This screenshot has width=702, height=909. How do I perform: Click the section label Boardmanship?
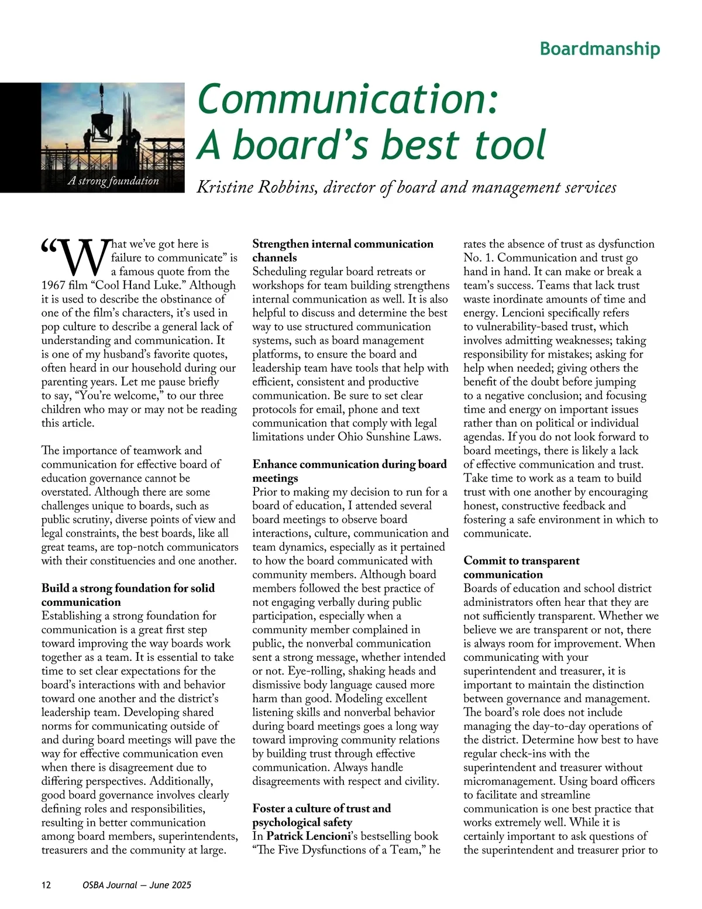(600, 49)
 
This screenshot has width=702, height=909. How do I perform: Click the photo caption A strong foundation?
(113, 181)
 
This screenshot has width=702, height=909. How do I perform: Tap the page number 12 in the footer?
(46, 885)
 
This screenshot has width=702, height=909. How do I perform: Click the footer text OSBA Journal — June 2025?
(137, 885)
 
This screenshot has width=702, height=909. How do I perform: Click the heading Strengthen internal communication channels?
(343, 251)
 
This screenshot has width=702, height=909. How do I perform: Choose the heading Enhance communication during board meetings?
(349, 471)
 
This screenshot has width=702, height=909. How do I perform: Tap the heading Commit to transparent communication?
(521, 567)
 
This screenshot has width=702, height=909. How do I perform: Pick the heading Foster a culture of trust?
(321, 815)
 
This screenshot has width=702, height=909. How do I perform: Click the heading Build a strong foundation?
(128, 595)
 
